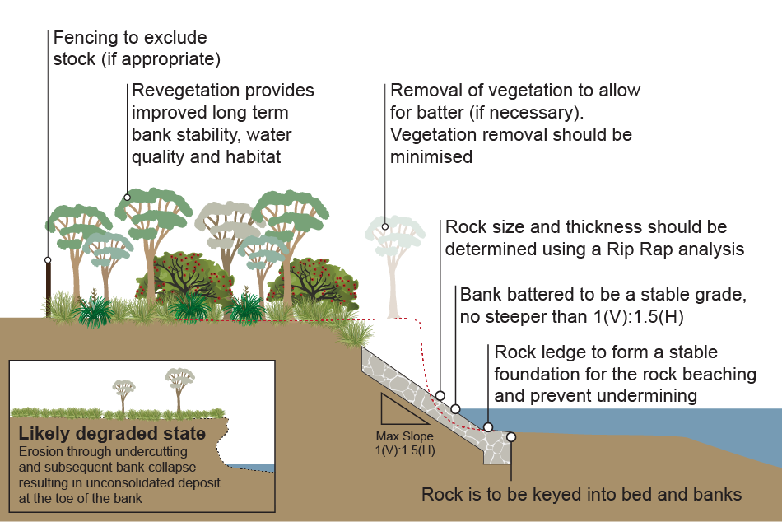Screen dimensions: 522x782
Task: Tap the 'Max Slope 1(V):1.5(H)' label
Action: point(405,442)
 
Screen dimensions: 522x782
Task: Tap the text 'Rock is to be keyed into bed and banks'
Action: point(581,495)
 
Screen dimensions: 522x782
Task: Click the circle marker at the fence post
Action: point(48,259)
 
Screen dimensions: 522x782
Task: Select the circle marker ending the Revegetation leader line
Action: point(127,197)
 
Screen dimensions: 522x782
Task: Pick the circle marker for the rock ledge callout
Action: point(488,427)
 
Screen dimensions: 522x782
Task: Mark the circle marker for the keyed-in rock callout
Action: point(511,437)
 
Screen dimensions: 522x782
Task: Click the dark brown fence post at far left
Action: point(48,288)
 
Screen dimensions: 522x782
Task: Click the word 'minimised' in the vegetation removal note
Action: point(431,156)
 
